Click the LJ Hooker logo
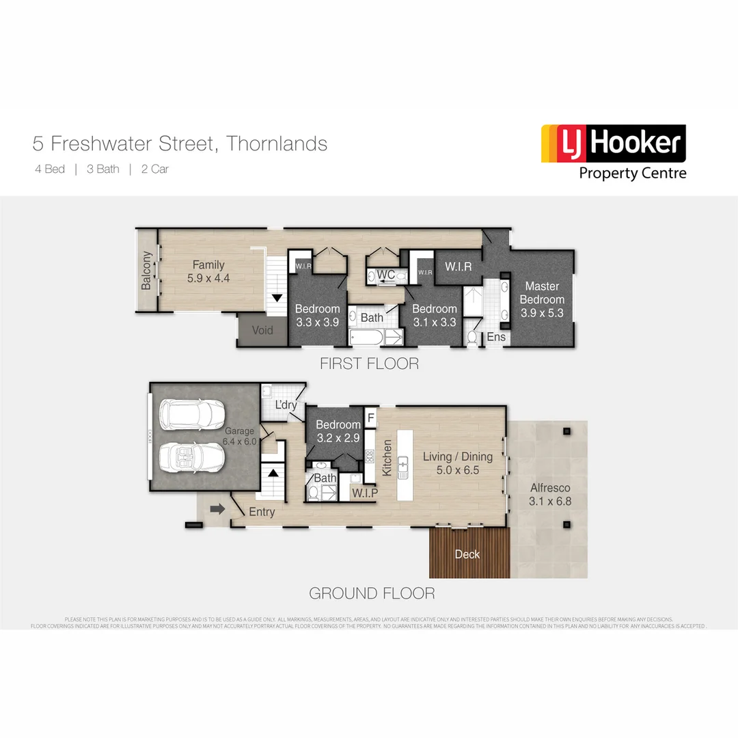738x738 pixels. tap(613, 152)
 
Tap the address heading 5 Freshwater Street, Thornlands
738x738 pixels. tap(180, 144)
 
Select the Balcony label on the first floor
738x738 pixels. tap(146, 271)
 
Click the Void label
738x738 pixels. tap(262, 331)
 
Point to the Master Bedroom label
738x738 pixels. tap(542, 293)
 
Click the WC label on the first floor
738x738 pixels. tap(386, 275)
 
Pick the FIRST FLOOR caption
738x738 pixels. tap(369, 364)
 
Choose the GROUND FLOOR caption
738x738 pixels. tap(372, 593)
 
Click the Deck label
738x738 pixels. tap(467, 554)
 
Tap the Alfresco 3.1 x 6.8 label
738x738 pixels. tap(549, 495)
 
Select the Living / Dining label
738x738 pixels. tap(452, 463)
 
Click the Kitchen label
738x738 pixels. tap(387, 458)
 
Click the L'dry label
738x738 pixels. tap(286, 405)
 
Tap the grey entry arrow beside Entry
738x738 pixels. tap(218, 509)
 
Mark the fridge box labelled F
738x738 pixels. tap(370, 417)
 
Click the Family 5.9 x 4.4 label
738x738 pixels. tap(208, 272)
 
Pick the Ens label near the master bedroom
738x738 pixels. tap(495, 337)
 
